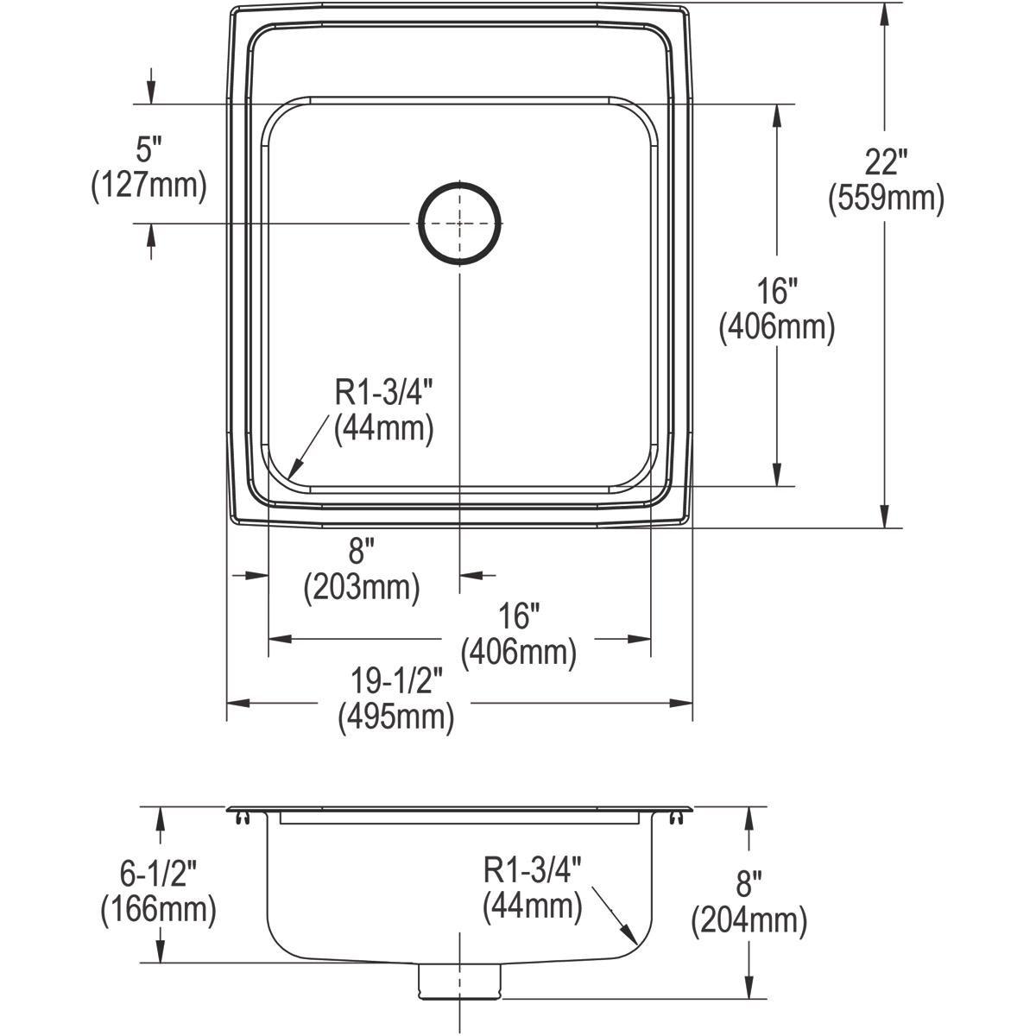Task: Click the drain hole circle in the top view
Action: (x=460, y=222)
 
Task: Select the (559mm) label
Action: (x=886, y=199)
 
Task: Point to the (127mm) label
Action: (x=148, y=186)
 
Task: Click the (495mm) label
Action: (x=396, y=717)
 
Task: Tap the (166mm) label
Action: (x=158, y=909)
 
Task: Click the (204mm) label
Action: (x=749, y=921)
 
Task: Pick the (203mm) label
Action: (x=362, y=588)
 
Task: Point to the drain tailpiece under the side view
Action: (x=460, y=982)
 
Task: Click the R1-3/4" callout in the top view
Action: (x=383, y=393)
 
